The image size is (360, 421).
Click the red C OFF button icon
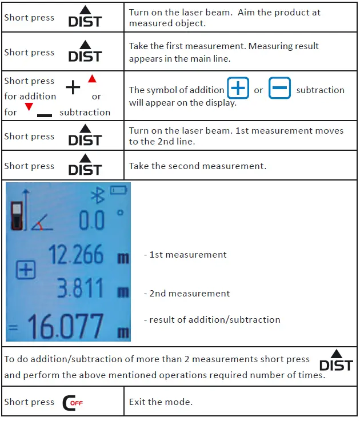[73, 403]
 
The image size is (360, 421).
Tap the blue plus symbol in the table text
[238, 90]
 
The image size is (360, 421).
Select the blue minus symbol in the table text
[279, 90]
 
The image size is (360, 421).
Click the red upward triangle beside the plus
[92, 79]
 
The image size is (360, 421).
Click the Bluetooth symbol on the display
[98, 195]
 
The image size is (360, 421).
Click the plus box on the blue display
[25, 270]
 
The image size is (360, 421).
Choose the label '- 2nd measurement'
[187, 294]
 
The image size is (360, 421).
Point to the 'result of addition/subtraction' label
[212, 320]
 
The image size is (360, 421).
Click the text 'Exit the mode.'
[161, 402]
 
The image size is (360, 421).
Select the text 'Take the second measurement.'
[197, 166]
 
